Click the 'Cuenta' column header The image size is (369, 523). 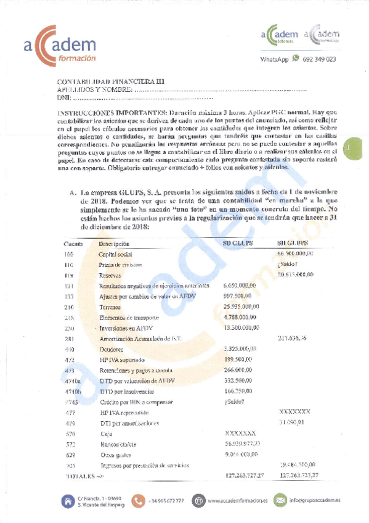[x=73, y=244]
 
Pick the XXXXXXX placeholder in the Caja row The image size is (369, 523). [x=241, y=434]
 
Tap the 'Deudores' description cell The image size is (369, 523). [x=112, y=349]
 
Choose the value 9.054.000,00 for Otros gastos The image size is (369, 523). [x=241, y=455]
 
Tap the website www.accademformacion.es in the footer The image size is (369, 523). [x=238, y=501]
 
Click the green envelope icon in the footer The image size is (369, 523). [x=280, y=500]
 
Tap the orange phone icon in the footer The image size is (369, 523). [x=139, y=500]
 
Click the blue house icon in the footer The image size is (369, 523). [x=67, y=500]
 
